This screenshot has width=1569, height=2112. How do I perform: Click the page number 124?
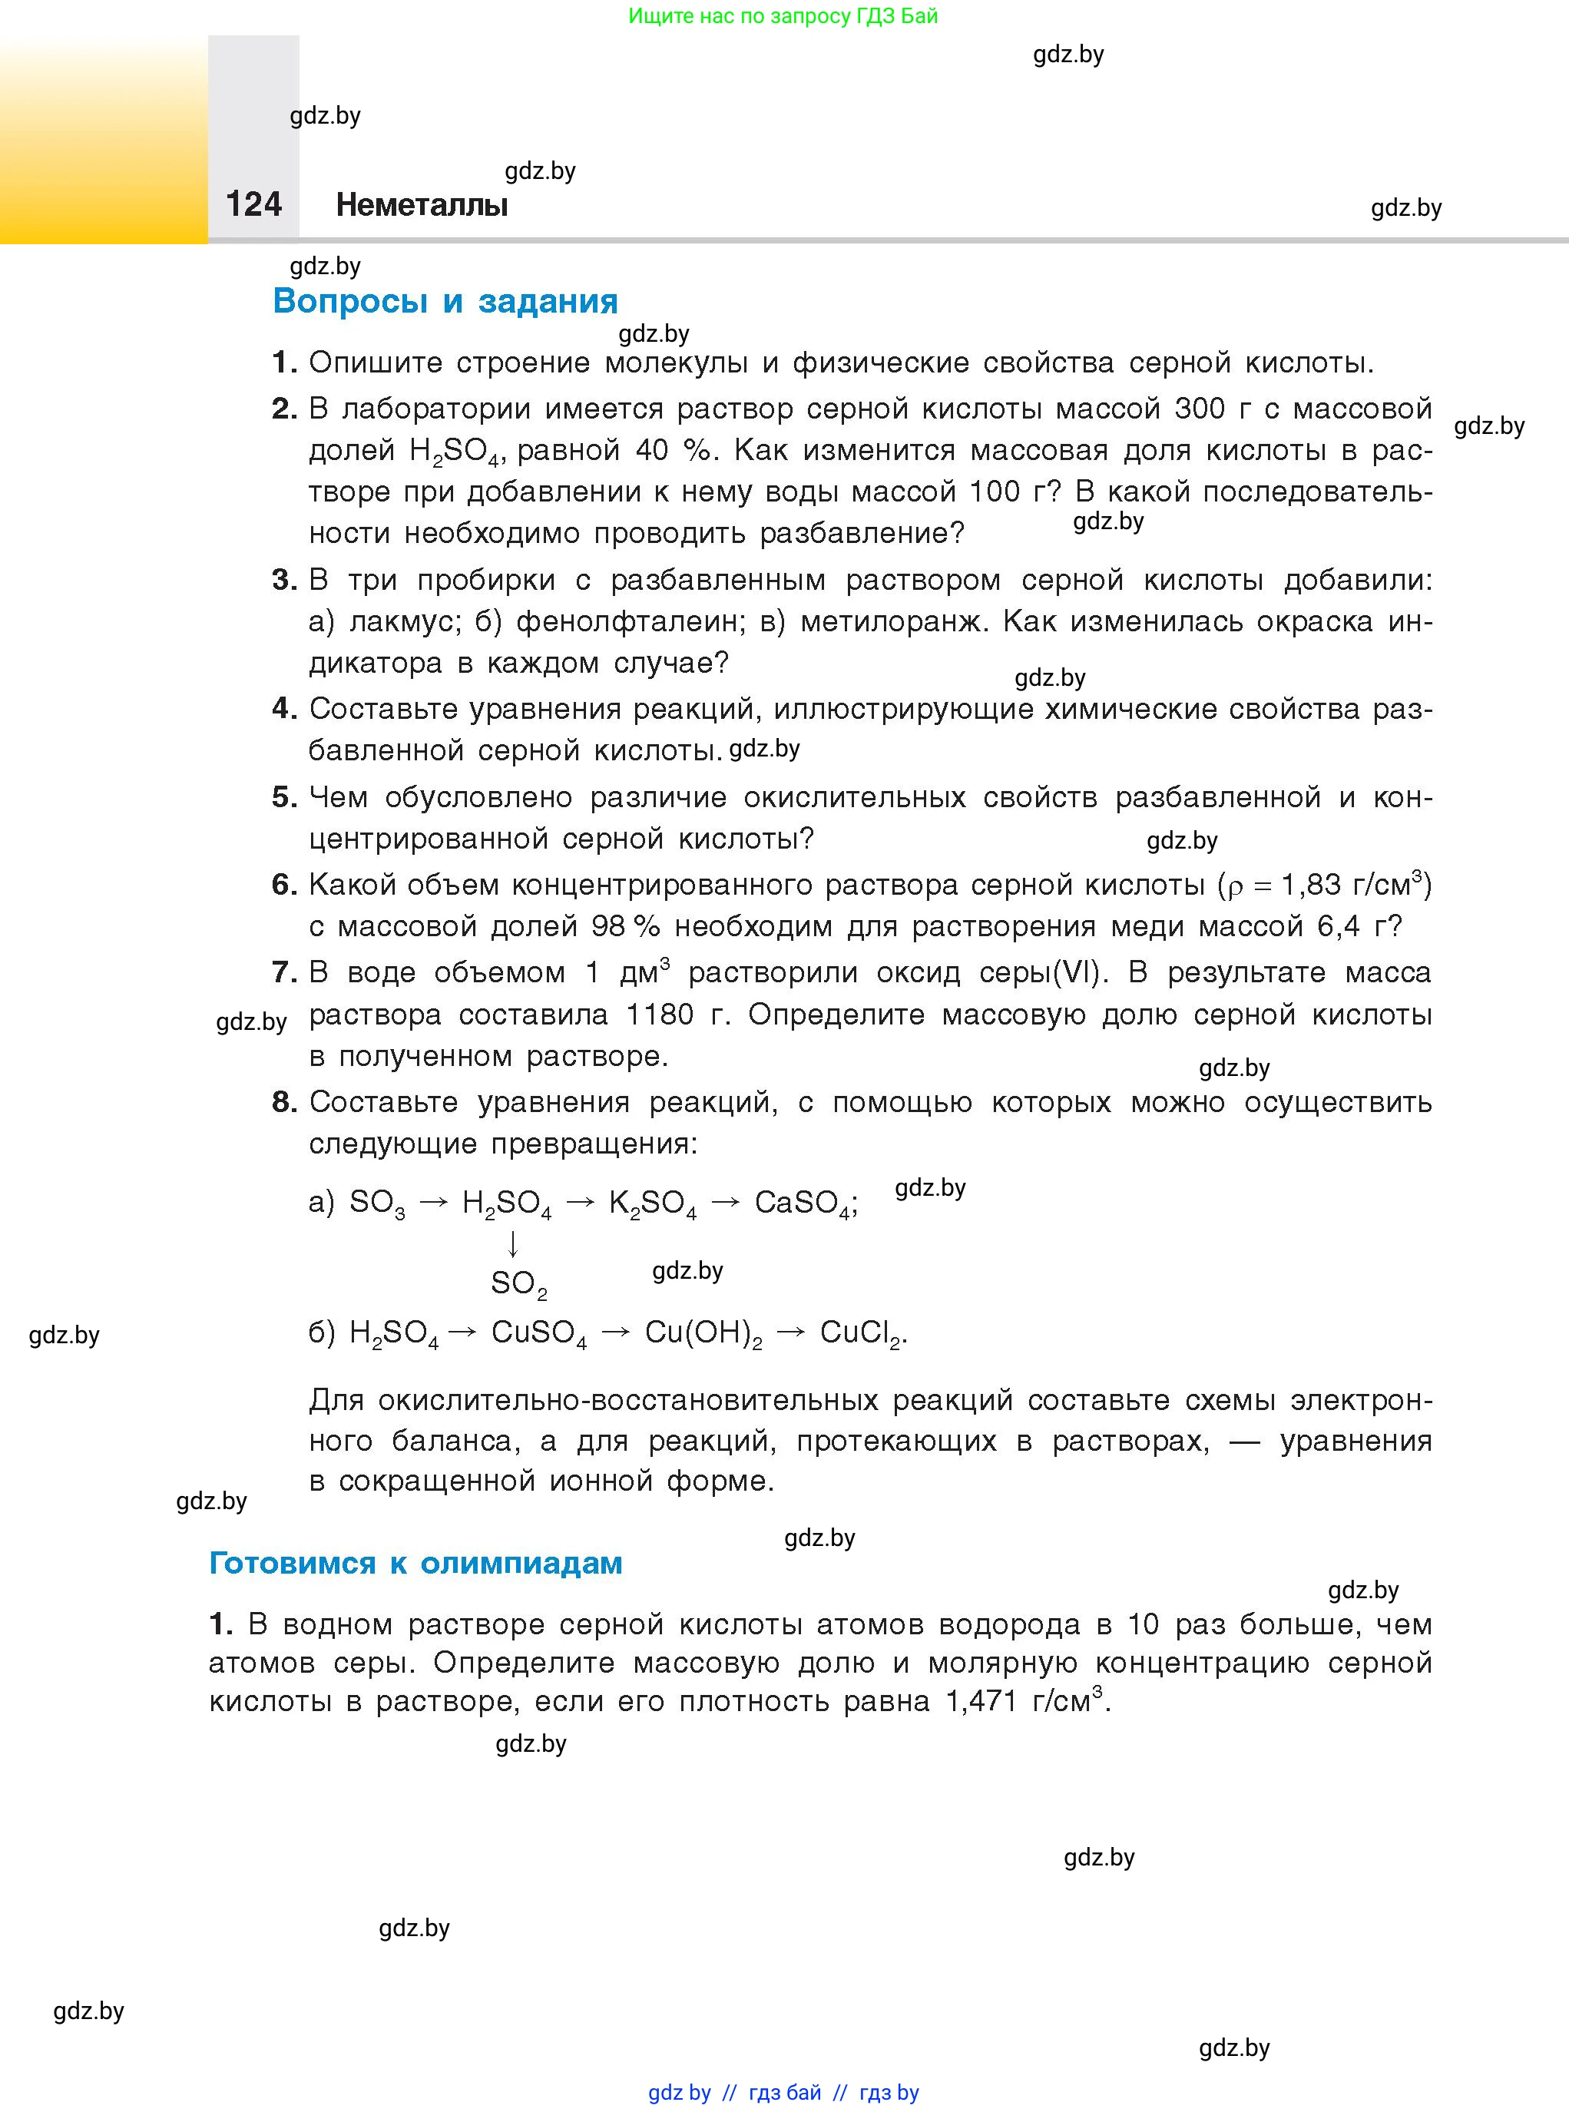click(x=253, y=204)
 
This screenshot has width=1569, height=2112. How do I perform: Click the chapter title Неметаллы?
click(x=422, y=205)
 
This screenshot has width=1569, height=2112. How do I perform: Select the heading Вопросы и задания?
click(x=445, y=301)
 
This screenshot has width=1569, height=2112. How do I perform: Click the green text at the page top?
click(x=783, y=16)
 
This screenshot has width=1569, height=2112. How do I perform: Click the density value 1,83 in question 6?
click(x=1311, y=885)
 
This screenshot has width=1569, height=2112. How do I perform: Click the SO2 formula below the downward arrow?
click(x=518, y=1284)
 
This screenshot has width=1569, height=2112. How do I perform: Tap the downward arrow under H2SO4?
click(x=513, y=1243)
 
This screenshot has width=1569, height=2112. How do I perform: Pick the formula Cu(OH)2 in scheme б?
click(x=703, y=1333)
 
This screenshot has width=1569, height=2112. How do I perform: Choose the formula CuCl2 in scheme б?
click(x=860, y=1333)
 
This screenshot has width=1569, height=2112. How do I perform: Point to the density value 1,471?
click(x=981, y=1701)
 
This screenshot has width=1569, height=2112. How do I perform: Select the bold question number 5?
click(x=283, y=796)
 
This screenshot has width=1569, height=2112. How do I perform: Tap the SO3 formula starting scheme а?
click(x=377, y=1203)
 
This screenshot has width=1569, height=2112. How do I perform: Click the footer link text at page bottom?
click(x=783, y=2092)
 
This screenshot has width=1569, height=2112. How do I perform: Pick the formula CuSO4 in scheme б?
click(x=538, y=1333)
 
